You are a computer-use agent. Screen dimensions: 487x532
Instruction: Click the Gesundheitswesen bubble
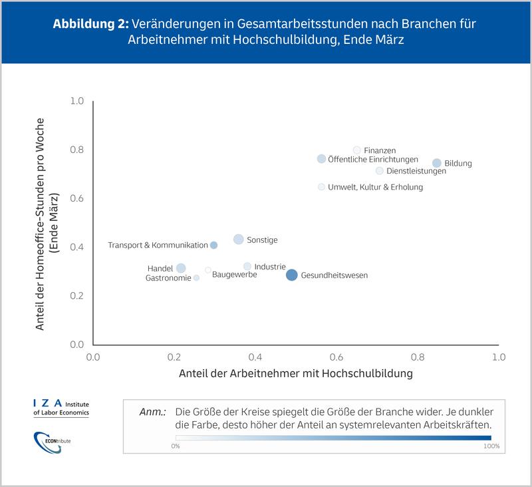pos(291,275)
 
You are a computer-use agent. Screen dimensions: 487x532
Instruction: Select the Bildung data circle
pos(436,163)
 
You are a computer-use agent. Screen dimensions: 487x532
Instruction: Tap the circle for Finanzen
pos(356,150)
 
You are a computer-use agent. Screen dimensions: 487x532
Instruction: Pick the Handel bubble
pos(181,268)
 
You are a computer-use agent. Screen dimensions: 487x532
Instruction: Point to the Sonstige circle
pos(239,240)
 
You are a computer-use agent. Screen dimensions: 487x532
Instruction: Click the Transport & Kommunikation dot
pos(213,245)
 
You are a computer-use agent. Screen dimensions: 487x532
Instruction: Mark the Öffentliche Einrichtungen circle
pos(321,159)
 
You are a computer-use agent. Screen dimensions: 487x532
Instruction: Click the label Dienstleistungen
pos(416,171)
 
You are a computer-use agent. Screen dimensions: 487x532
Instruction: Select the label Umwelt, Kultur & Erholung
pos(375,187)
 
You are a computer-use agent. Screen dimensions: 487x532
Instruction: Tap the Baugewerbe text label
pos(235,274)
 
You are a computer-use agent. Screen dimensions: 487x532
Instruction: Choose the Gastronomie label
pos(168,277)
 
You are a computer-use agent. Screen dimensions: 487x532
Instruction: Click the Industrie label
pos(270,266)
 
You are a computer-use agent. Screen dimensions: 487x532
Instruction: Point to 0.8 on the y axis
pos(77,150)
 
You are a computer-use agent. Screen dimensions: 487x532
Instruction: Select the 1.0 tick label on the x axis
pos(498,357)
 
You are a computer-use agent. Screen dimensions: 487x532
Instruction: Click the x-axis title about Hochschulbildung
pos(296,374)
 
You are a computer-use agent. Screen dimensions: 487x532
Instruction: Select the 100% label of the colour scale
pos(491,446)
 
